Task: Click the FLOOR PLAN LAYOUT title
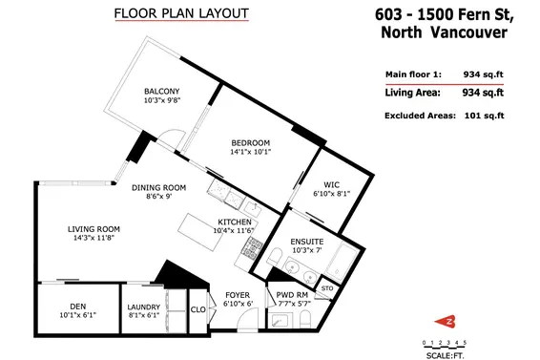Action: click(180, 13)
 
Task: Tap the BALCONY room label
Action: click(162, 92)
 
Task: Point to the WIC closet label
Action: click(331, 184)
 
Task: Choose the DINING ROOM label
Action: click(158, 188)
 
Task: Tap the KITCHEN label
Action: click(235, 222)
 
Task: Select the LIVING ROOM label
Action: click(93, 229)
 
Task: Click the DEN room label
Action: click(78, 307)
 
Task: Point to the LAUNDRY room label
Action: click(144, 307)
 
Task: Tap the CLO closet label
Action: click(198, 309)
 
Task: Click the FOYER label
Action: click(238, 295)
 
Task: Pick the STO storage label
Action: click(326, 287)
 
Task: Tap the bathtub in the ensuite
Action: click(339, 258)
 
